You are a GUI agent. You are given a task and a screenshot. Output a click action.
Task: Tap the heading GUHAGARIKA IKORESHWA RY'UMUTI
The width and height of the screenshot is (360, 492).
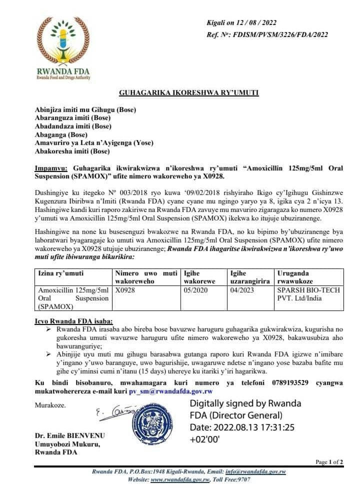point(188,92)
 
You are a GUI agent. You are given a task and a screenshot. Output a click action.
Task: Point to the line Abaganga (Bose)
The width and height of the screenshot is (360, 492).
point(61,134)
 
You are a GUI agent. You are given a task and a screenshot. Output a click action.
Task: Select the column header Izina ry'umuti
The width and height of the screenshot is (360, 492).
point(61,273)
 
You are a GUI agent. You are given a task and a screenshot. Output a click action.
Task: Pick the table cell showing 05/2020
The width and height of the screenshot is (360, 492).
point(195,289)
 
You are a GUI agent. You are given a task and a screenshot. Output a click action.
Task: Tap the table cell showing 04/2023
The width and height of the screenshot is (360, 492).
point(241,289)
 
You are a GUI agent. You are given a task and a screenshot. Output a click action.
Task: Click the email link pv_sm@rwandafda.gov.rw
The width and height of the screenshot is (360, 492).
point(171,391)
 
